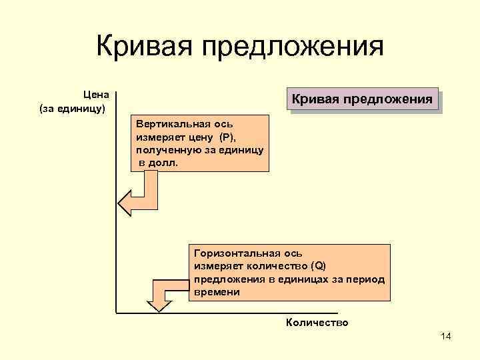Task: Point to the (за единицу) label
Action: click(x=73, y=108)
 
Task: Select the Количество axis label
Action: click(x=317, y=323)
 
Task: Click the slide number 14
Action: click(x=446, y=337)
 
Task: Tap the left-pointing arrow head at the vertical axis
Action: click(x=125, y=201)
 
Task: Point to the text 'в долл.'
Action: click(x=159, y=163)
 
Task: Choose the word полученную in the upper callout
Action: click(x=163, y=151)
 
